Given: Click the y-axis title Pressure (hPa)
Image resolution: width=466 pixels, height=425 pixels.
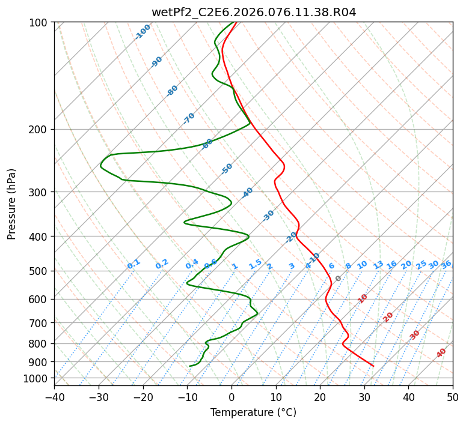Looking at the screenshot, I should [x=11, y=203].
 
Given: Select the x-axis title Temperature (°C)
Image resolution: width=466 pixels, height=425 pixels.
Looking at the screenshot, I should [x=253, y=412].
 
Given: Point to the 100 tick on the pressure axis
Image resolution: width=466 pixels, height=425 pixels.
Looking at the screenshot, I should [x=41, y=22].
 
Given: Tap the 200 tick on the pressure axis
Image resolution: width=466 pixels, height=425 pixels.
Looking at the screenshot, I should [x=41, y=129].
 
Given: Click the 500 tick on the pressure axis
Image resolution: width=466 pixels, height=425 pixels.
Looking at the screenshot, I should [x=41, y=271].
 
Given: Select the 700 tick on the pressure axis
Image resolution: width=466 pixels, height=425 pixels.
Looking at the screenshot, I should [x=41, y=322].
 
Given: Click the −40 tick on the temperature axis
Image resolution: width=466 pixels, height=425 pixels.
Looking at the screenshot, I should [x=54, y=397].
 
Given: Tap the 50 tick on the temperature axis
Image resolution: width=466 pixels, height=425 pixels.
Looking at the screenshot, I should [x=453, y=397].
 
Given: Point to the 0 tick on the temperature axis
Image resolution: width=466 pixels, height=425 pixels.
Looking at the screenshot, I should [x=231, y=397].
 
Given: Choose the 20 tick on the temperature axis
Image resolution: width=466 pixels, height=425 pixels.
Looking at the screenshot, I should [x=320, y=397].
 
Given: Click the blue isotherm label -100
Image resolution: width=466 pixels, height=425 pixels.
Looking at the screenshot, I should [x=143, y=32].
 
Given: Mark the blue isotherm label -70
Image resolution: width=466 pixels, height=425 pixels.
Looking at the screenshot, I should [x=189, y=118].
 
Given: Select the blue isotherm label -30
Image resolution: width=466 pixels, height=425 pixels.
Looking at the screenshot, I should [x=268, y=215].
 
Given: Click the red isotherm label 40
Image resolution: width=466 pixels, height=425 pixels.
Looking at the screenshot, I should [x=441, y=353].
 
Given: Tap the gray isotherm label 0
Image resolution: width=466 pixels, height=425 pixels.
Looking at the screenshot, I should [x=339, y=279].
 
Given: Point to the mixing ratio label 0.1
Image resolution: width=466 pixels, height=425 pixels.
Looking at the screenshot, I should [x=133, y=264].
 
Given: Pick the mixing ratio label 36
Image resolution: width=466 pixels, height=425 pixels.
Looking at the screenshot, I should [x=446, y=264].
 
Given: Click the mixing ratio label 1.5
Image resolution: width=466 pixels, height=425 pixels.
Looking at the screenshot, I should [x=255, y=264].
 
